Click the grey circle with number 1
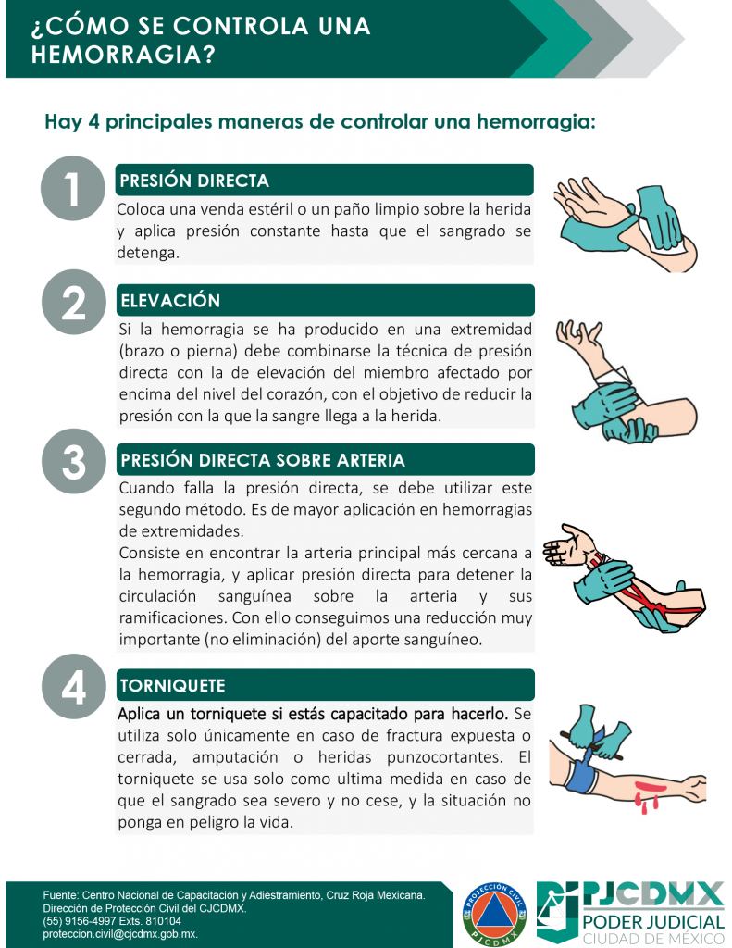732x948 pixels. [72, 188]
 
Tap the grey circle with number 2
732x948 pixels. [74, 302]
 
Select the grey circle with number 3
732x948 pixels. [74, 461]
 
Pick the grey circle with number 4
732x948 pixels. [74, 686]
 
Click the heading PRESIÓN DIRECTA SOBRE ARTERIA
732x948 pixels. [262, 460]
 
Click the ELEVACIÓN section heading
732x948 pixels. [170, 301]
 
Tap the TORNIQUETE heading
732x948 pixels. [172, 686]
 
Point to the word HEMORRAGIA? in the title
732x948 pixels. [123, 55]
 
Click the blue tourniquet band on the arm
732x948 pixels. [580, 769]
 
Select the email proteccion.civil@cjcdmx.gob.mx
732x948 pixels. [119, 934]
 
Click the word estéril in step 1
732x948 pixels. [270, 209]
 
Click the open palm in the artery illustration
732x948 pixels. [565, 543]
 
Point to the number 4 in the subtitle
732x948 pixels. [93, 121]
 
